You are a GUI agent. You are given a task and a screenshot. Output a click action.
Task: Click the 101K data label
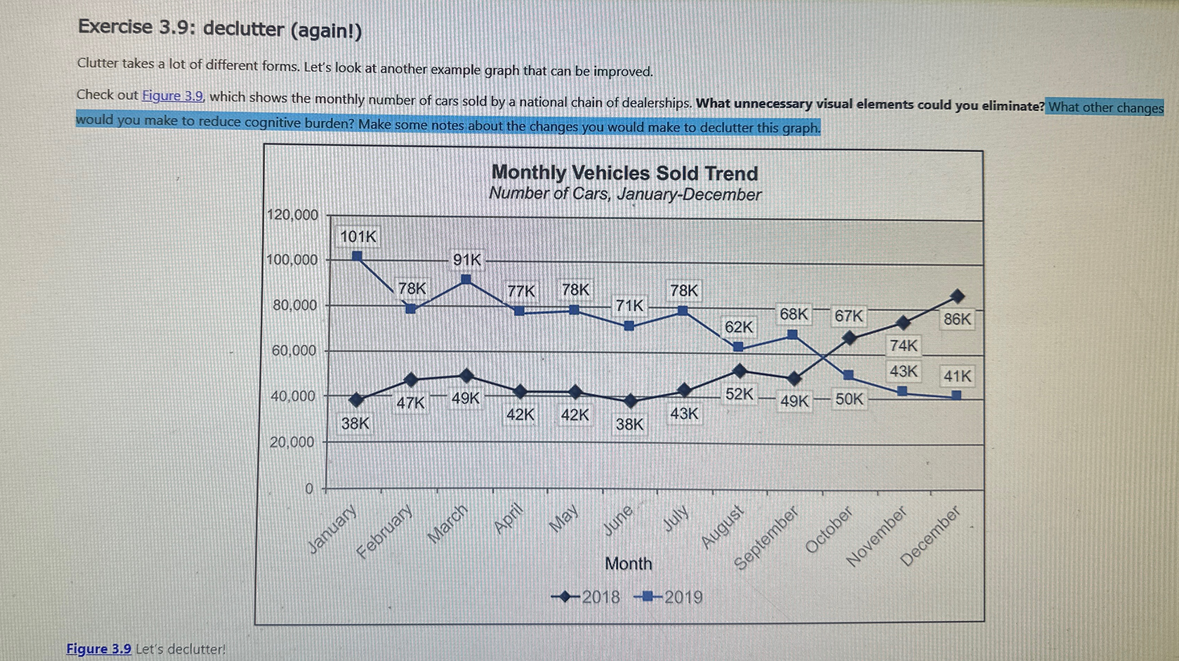(x=358, y=236)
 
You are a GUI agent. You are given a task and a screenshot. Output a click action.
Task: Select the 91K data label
(x=467, y=260)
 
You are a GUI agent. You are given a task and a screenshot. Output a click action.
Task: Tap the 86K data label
(x=956, y=319)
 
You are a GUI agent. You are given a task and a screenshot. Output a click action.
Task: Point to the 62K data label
(x=738, y=327)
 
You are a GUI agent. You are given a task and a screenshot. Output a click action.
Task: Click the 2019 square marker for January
(x=357, y=256)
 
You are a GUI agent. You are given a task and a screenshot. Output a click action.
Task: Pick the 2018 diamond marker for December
(x=957, y=296)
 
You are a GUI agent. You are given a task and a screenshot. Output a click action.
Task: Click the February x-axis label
(x=384, y=532)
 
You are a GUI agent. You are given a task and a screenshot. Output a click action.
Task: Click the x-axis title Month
(x=628, y=563)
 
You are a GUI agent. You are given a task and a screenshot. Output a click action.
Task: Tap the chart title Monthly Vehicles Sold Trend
(x=625, y=173)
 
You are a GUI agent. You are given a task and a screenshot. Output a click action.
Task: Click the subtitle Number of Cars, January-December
(x=625, y=194)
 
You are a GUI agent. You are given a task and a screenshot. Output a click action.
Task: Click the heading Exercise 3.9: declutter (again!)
(x=220, y=28)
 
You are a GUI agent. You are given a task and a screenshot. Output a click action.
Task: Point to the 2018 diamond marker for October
(x=849, y=339)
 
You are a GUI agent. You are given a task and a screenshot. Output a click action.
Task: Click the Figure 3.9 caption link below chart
(x=99, y=649)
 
